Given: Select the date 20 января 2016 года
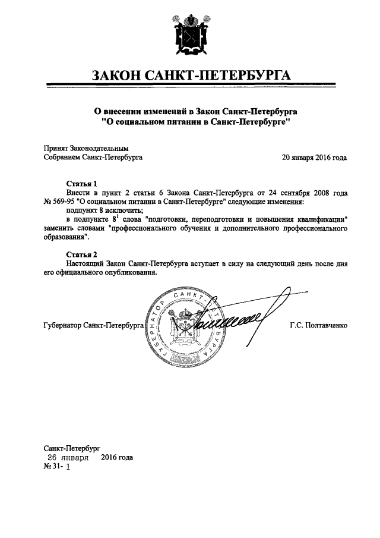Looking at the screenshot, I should point(314,158).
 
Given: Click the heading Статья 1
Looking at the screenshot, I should point(81,184).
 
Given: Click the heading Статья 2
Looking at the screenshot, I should point(81,254).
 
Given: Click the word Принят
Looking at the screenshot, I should point(56,148).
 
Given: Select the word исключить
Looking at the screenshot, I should point(122,210).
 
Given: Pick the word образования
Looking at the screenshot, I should point(65,237).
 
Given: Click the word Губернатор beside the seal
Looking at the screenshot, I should point(64,326).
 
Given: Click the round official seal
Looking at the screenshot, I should point(188,326).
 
